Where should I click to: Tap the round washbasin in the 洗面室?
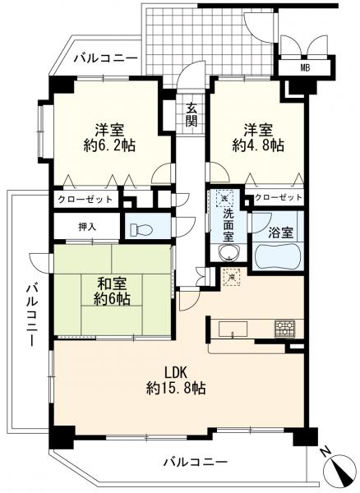(227, 251)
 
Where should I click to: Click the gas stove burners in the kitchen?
(284, 326)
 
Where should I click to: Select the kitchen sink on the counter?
(233, 331)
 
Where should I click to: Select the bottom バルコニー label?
(193, 463)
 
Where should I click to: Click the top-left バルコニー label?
(104, 58)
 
